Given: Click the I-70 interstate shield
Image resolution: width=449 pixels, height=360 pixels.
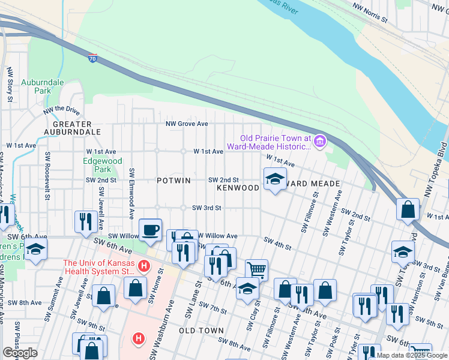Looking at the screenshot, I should [92, 58].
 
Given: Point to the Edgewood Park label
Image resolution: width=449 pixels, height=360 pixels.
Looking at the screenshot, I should [102, 165].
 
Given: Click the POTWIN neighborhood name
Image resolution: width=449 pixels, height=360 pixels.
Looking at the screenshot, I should [173, 181].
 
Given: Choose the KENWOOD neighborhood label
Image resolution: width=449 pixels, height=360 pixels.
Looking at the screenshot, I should [238, 188].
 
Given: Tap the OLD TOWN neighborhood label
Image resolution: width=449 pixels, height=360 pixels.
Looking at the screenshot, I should [201, 331].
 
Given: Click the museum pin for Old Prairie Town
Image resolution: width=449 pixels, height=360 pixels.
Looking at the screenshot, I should [319, 142].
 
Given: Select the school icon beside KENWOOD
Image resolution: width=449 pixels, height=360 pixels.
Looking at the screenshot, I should [275, 179].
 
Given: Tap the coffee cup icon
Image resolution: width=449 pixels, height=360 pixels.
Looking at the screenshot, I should [150, 230].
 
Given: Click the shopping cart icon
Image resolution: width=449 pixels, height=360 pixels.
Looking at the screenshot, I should [256, 270].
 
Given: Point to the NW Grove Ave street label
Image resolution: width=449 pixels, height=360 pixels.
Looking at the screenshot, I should [187, 124].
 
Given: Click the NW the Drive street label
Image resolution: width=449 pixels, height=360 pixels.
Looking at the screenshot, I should [61, 110].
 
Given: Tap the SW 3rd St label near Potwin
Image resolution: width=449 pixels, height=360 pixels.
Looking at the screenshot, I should [206, 208].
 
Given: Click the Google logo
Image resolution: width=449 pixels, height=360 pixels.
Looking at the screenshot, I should [20, 353].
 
